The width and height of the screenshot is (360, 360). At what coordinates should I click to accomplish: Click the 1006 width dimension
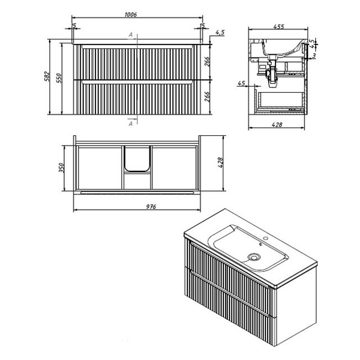pos(131,15)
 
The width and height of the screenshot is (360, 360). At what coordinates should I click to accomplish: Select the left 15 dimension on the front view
pos(73,26)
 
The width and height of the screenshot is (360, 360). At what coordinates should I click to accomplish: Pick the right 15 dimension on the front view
pos(202,26)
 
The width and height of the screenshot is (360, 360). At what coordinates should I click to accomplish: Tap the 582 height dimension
pos(47,76)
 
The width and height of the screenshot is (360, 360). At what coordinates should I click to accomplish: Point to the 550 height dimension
pos(59,78)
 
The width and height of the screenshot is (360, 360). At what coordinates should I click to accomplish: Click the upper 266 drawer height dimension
pos(207,61)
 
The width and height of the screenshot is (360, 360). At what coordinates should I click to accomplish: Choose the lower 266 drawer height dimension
pos(207,96)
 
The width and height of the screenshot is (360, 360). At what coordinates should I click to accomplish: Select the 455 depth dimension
pos(279,27)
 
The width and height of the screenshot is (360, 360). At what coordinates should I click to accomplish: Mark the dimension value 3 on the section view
pos(314,55)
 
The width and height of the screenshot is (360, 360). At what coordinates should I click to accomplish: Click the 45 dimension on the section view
pos(241,83)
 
